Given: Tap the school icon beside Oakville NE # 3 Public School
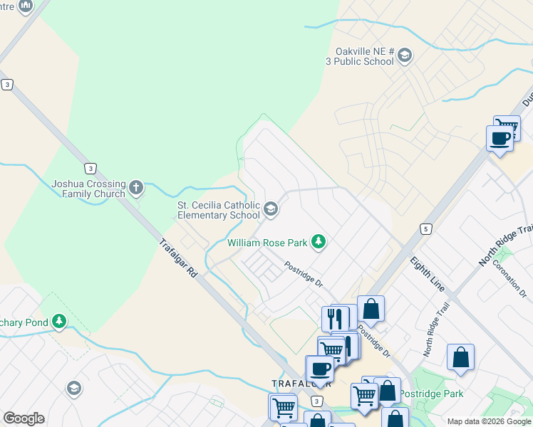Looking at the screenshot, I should click(405, 56).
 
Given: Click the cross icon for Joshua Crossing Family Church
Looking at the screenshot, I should click(135, 189).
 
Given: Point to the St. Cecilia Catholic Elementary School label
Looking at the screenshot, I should click(218, 210).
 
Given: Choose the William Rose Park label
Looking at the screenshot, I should click(267, 243).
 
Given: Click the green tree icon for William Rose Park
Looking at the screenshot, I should click(319, 243).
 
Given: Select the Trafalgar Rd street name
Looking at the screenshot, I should click(178, 257).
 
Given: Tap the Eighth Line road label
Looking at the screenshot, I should click(428, 274).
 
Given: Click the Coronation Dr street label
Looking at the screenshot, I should click(514, 281).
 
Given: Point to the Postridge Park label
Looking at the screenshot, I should click(431, 394).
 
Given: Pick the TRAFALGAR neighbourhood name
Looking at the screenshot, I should click(292, 383).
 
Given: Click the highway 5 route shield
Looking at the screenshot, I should click(425, 228).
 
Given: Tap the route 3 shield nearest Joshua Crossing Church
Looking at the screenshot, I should click(90, 168).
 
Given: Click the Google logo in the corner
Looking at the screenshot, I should click(24, 418).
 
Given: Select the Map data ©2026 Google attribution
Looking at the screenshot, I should click(489, 421).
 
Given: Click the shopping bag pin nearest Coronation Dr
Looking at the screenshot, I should click(460, 357).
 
